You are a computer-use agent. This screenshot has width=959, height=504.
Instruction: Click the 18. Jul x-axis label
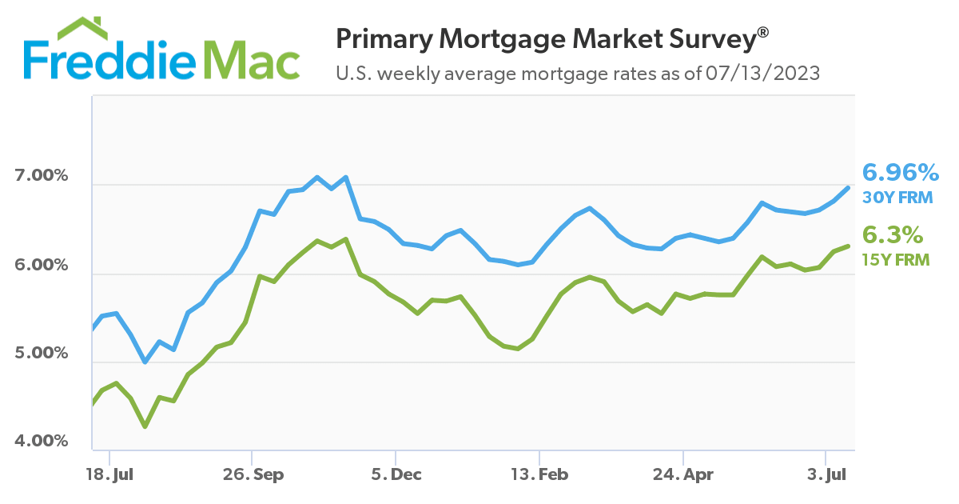click(x=109, y=475)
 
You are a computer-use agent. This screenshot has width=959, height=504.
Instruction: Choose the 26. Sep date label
click(x=252, y=475)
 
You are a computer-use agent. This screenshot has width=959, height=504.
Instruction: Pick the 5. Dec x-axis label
click(x=396, y=475)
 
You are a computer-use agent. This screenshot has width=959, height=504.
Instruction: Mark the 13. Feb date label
click(x=540, y=475)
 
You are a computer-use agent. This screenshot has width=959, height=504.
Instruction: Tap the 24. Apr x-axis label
click(x=684, y=475)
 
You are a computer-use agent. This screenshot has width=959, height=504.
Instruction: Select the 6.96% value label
click(x=900, y=172)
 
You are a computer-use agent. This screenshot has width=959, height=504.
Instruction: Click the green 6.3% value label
click(x=893, y=235)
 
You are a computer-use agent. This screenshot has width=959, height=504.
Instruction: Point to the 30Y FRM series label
click(x=897, y=196)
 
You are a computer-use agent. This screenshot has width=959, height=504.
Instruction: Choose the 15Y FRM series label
click(x=896, y=258)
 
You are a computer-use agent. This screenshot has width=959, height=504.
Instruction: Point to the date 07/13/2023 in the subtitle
click(x=763, y=74)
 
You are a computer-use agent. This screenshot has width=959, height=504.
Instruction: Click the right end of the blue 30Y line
click(x=848, y=188)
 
